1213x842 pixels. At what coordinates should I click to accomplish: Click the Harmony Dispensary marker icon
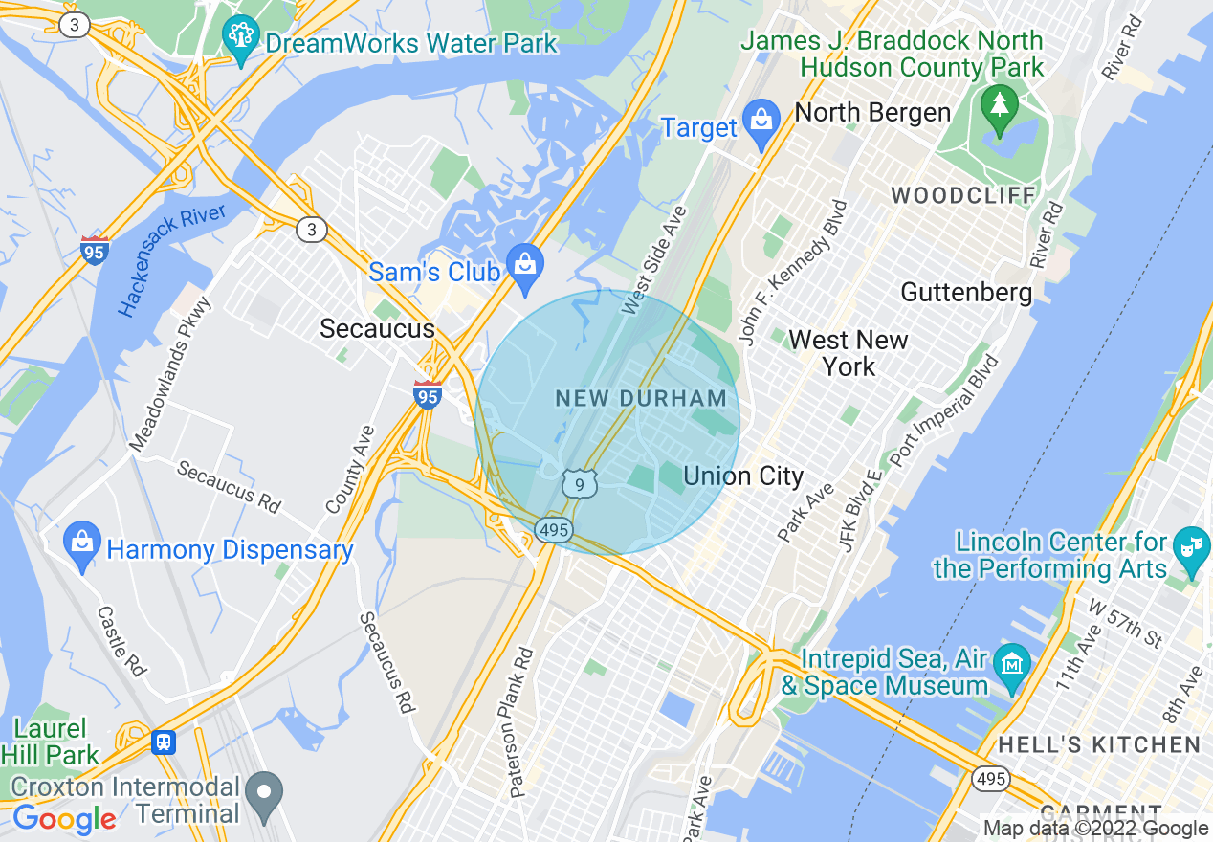pos(83,545)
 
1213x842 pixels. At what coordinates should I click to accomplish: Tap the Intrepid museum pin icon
pos(1011,664)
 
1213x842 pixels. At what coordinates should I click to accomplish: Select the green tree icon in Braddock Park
pos(1000,103)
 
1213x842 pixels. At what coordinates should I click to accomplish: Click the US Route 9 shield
pos(580,484)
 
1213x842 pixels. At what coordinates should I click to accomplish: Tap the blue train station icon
pos(164,742)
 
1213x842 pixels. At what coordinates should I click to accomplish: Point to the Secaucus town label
pos(377,329)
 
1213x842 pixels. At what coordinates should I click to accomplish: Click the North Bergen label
pos(872,112)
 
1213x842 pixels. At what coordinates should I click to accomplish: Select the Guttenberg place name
pos(966,292)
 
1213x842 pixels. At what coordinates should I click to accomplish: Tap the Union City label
pos(743,476)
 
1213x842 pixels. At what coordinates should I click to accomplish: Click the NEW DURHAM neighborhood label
pos(641,398)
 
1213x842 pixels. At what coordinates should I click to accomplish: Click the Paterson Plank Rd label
pos(521,723)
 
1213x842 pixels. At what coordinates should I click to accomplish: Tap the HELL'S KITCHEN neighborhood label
pos(1099,744)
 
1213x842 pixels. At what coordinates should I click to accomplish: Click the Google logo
pos(64,819)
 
